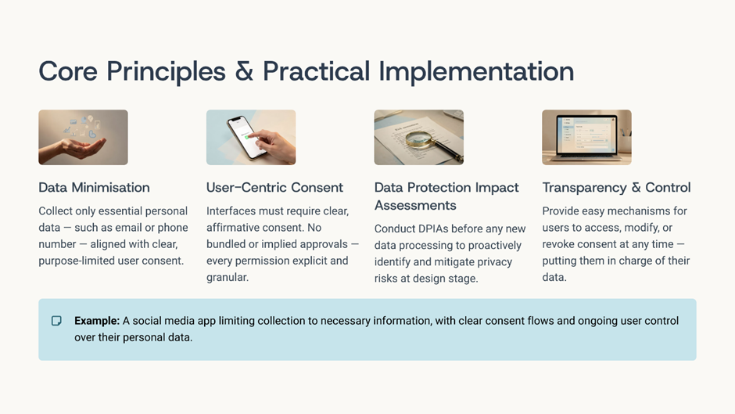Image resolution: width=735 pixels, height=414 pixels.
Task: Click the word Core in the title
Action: coord(68,71)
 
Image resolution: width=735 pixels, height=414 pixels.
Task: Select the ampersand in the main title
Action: coord(244,71)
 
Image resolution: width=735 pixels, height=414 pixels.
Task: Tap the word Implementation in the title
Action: coord(476,72)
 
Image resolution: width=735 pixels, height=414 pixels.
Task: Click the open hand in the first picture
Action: coord(73,149)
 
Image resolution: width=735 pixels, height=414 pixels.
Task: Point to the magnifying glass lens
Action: coord(418,139)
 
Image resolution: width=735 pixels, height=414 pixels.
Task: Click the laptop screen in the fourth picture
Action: coord(586,135)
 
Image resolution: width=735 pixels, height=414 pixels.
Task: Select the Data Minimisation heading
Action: coord(94,187)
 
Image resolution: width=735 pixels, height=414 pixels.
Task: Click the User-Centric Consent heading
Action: coord(274,187)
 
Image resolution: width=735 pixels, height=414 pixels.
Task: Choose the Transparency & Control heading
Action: coord(616,188)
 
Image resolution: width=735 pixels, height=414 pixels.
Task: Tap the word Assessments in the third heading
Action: coord(415,205)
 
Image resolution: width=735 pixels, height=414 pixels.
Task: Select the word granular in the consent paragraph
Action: coord(228,277)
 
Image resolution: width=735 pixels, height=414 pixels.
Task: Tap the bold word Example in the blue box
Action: coord(97,321)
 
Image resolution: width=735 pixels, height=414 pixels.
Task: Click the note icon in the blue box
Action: coord(56,321)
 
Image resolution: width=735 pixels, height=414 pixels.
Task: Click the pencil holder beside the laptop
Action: coord(626,140)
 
